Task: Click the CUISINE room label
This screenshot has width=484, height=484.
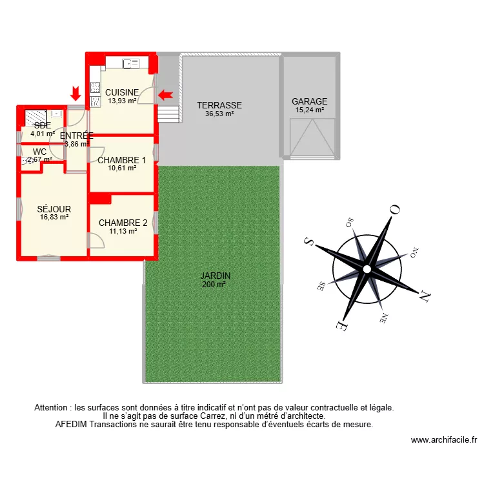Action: tap(122, 92)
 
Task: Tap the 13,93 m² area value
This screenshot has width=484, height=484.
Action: tap(122, 101)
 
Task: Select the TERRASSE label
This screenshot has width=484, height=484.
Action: tap(219, 105)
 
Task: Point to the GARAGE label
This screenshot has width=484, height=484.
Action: tap(309, 101)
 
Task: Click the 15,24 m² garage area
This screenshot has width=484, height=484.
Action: tap(309, 110)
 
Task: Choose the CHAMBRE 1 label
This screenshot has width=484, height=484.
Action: tap(122, 160)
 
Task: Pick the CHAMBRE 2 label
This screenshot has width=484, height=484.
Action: tap(123, 223)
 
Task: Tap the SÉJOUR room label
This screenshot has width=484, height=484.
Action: tap(54, 209)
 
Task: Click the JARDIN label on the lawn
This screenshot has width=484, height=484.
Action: tap(215, 276)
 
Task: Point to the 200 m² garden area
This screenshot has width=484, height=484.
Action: tap(215, 285)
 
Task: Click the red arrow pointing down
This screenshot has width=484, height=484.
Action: tap(76, 94)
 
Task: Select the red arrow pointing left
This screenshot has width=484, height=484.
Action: tap(166, 95)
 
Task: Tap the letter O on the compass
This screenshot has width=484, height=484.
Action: tap(395, 210)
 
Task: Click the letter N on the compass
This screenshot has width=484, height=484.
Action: tap(424, 297)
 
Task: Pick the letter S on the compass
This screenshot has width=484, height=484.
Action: tap(308, 241)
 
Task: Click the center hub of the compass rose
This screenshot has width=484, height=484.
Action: tap(366, 268)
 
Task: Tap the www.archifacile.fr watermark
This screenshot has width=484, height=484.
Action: tap(444, 440)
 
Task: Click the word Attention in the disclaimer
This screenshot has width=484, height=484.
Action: tap(52, 408)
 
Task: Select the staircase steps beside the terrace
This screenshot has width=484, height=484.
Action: tap(167, 114)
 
